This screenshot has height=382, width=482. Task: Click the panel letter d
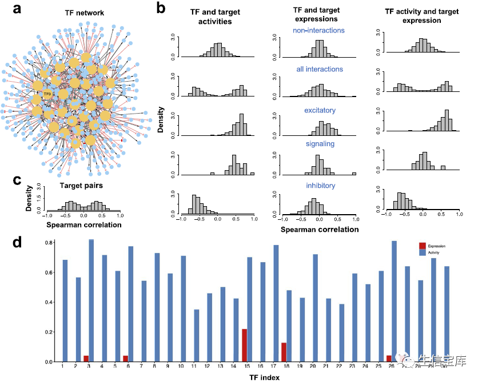pyautogui.click(x=18, y=242)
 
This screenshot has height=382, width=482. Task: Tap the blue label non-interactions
pyautogui.click(x=320, y=30)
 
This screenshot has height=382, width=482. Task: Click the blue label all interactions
pyautogui.click(x=320, y=69)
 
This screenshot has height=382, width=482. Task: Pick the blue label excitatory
pyautogui.click(x=320, y=110)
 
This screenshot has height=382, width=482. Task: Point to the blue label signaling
pyautogui.click(x=320, y=144)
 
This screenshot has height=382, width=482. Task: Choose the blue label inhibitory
pyautogui.click(x=320, y=186)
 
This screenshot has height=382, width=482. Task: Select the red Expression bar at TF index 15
pyautogui.click(x=244, y=345)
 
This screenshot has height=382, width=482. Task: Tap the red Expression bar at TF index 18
pyautogui.click(x=284, y=352)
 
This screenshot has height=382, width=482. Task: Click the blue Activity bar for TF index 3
pyautogui.click(x=91, y=297)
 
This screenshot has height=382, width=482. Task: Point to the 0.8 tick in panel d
pyautogui.click(x=50, y=243)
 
